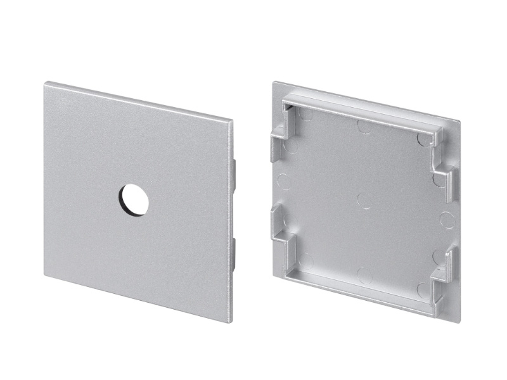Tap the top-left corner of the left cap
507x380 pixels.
pyautogui.click(x=46, y=82)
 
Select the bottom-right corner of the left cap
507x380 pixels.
pyautogui.click(x=230, y=322)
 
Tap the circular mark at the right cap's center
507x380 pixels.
pyautogui.click(x=364, y=200)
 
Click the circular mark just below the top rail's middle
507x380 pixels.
pyautogui.click(x=364, y=126)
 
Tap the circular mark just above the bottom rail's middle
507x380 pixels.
pyautogui.click(x=365, y=275)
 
